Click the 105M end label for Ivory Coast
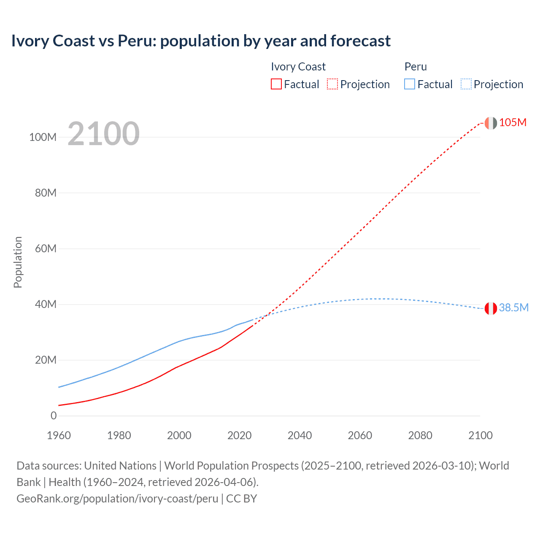[x=513, y=123]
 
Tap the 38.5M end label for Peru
[x=513, y=308]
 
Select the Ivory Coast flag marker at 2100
[x=490, y=123]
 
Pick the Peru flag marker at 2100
[x=490, y=308]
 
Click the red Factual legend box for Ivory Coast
[x=276, y=84]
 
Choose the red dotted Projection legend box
[x=332, y=84]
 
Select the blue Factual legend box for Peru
[x=409, y=84]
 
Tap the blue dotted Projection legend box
[x=466, y=84]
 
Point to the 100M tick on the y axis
[x=43, y=137]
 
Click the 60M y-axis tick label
[x=46, y=248]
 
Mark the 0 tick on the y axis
[x=54, y=416]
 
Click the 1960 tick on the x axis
[x=59, y=435]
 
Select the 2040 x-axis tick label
[x=300, y=435]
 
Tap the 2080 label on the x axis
[x=420, y=435]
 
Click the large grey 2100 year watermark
[x=103, y=134]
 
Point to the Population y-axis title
[x=18, y=262]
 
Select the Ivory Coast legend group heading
[x=298, y=67]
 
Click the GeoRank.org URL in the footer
[x=117, y=499]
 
